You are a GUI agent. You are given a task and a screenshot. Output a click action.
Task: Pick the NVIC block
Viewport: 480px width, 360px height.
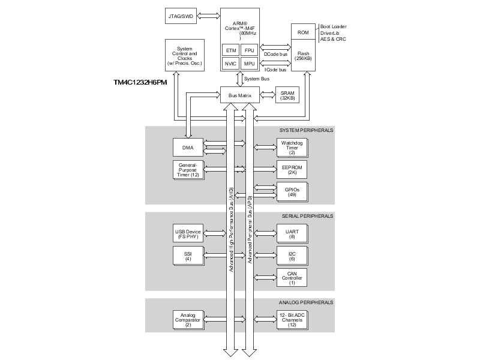pyautogui.click(x=230, y=64)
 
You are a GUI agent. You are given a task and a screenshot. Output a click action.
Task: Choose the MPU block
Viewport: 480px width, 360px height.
pyautogui.click(x=250, y=64)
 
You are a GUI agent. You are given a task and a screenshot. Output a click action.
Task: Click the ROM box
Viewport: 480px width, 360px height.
pyautogui.click(x=303, y=32)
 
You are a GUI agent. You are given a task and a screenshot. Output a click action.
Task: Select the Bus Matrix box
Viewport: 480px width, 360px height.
pyautogui.click(x=240, y=95)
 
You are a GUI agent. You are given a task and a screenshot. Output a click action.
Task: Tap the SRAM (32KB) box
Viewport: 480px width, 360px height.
pyautogui.click(x=287, y=95)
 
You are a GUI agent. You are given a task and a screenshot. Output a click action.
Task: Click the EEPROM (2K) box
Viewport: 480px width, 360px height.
pyautogui.click(x=292, y=170)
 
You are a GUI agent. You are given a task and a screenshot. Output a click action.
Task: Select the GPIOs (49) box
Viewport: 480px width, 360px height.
pyautogui.click(x=292, y=190)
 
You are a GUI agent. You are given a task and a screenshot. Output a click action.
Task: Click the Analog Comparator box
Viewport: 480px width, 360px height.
pyautogui.click(x=187, y=319)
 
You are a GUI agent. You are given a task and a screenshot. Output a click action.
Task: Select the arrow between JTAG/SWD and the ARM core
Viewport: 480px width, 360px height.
pyautogui.click(x=209, y=16)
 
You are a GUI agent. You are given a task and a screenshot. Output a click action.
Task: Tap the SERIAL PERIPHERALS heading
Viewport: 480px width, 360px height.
pyautogui.click(x=307, y=216)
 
